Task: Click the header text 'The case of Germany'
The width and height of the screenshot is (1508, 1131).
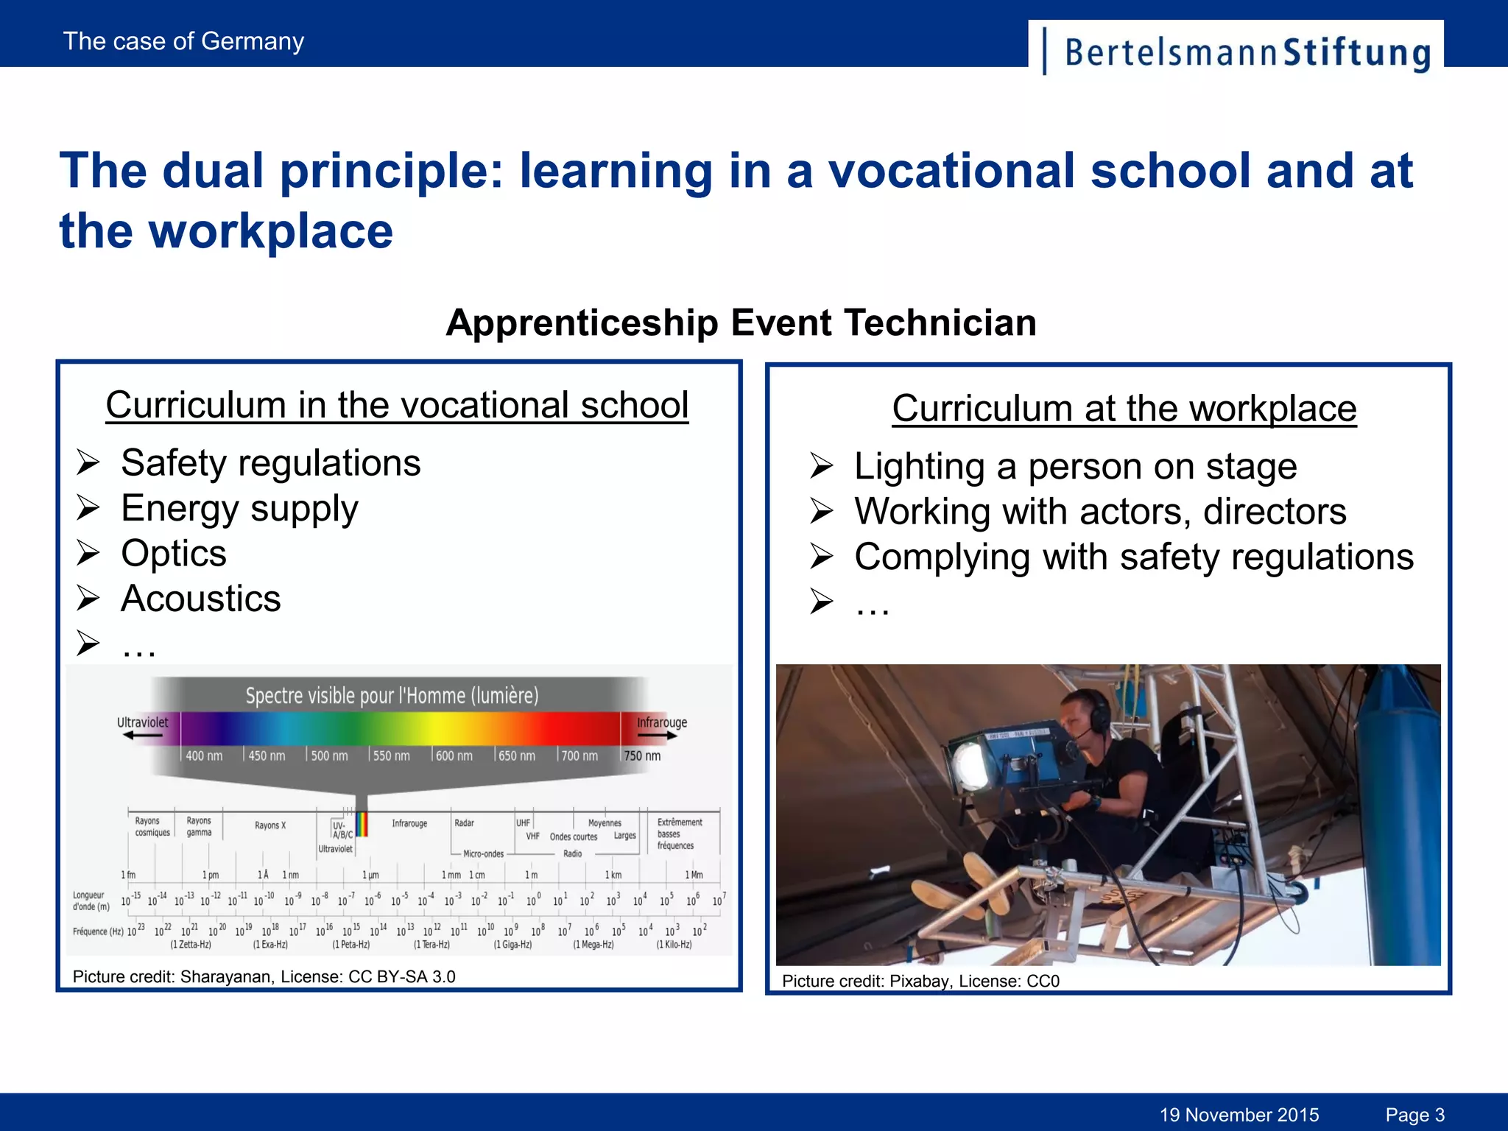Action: (x=183, y=41)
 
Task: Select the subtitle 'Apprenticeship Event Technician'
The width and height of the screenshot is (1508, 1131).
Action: (x=741, y=323)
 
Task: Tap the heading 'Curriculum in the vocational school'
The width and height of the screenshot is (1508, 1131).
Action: (x=397, y=405)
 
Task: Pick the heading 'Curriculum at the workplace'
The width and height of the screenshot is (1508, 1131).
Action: (x=1124, y=409)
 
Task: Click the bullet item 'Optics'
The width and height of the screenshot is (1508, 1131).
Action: (x=174, y=554)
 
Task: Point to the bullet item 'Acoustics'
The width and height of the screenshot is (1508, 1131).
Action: (x=201, y=599)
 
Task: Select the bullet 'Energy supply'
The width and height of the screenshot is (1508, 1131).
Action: (x=239, y=509)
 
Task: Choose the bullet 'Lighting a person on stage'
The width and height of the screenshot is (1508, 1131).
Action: (x=1075, y=467)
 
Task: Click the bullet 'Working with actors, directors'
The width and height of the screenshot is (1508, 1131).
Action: (x=1100, y=512)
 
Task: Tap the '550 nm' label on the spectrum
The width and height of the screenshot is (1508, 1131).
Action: (x=391, y=756)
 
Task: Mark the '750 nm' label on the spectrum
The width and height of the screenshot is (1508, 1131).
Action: (x=642, y=756)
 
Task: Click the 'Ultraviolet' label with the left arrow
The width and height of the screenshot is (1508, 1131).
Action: (x=143, y=723)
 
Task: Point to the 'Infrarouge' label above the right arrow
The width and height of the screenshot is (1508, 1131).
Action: (x=661, y=722)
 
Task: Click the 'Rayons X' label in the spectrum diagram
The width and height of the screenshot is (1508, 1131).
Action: (x=269, y=825)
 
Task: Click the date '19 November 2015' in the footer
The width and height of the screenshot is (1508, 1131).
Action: (x=1239, y=1115)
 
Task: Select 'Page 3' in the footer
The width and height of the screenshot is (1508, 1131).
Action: (x=1414, y=1115)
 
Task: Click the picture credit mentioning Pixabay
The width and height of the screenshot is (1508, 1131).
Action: (x=920, y=981)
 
